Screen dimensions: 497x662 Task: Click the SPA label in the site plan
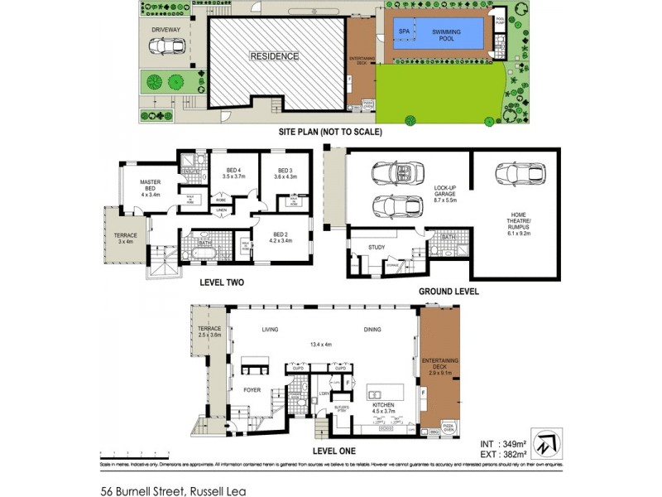tap(405, 32)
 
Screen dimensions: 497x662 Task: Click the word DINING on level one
tap(372, 330)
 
